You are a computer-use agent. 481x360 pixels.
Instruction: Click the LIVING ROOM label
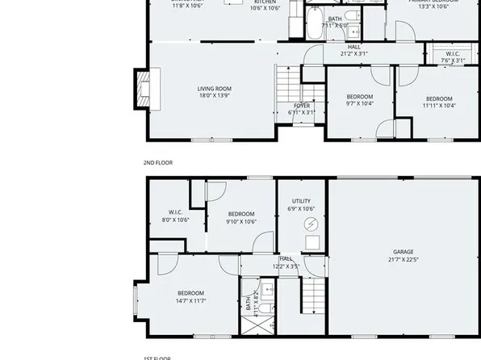215,89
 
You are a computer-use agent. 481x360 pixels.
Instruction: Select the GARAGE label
403,252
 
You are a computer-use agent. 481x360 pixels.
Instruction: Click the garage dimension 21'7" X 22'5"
403,260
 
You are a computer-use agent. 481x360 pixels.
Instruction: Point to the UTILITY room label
301,201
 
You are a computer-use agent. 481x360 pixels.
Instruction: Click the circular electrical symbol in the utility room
311,224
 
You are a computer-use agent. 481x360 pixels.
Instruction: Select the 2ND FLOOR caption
158,163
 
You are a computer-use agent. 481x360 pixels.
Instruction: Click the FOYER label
302,106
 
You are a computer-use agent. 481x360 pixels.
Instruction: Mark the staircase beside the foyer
287,89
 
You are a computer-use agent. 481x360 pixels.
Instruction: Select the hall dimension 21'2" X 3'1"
353,54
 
